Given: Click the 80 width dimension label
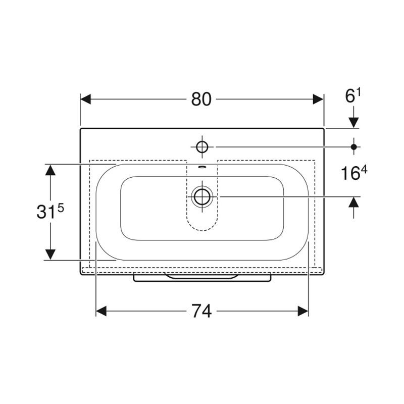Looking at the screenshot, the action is click(x=201, y=99).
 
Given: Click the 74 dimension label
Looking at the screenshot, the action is click(x=201, y=311).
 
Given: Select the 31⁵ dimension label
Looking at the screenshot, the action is click(x=50, y=212).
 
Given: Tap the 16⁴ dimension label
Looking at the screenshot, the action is click(x=354, y=172).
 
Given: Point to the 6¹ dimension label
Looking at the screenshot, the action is click(x=352, y=95).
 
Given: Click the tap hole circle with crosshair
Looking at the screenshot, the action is click(x=202, y=146).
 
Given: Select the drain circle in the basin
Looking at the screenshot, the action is click(x=203, y=197).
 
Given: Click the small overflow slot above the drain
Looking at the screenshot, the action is click(x=202, y=167).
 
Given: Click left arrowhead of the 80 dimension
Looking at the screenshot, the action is click(x=86, y=99).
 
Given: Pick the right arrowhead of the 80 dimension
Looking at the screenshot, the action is click(x=318, y=99).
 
